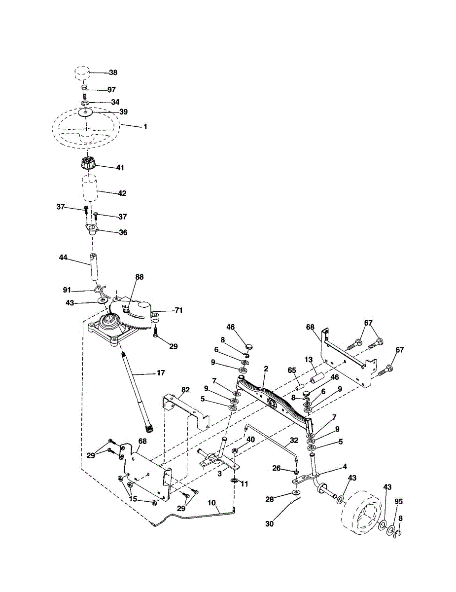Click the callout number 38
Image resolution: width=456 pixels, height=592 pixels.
(x=113, y=73)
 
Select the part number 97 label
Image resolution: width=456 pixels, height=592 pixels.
(x=112, y=90)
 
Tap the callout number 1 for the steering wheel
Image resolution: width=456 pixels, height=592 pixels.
(x=145, y=126)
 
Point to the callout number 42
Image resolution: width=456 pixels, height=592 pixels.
(x=121, y=193)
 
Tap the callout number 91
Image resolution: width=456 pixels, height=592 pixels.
(x=67, y=290)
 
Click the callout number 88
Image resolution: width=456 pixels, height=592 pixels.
(x=140, y=277)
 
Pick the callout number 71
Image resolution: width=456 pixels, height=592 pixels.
(x=178, y=310)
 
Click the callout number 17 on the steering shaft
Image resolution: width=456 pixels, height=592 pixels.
(x=161, y=372)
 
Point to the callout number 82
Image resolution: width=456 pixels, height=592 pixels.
(x=185, y=390)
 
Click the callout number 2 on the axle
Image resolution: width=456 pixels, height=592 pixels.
(x=266, y=369)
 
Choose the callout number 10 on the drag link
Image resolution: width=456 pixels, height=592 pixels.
(x=212, y=503)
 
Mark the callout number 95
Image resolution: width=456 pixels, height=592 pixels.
(x=399, y=501)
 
